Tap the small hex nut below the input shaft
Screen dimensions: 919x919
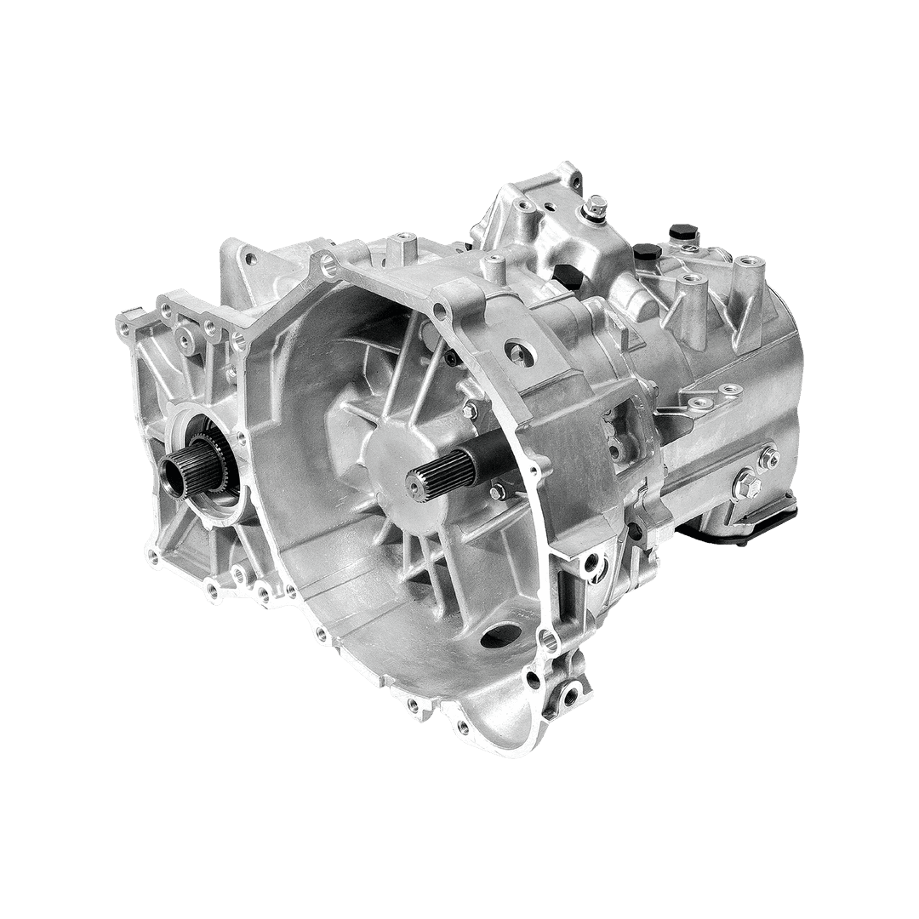tap(495, 492)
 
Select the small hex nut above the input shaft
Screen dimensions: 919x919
tap(468, 411)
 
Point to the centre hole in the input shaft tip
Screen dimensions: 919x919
tap(414, 484)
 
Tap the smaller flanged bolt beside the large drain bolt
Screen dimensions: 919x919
tap(768, 459)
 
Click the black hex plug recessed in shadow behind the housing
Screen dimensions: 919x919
tap(566, 275)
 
